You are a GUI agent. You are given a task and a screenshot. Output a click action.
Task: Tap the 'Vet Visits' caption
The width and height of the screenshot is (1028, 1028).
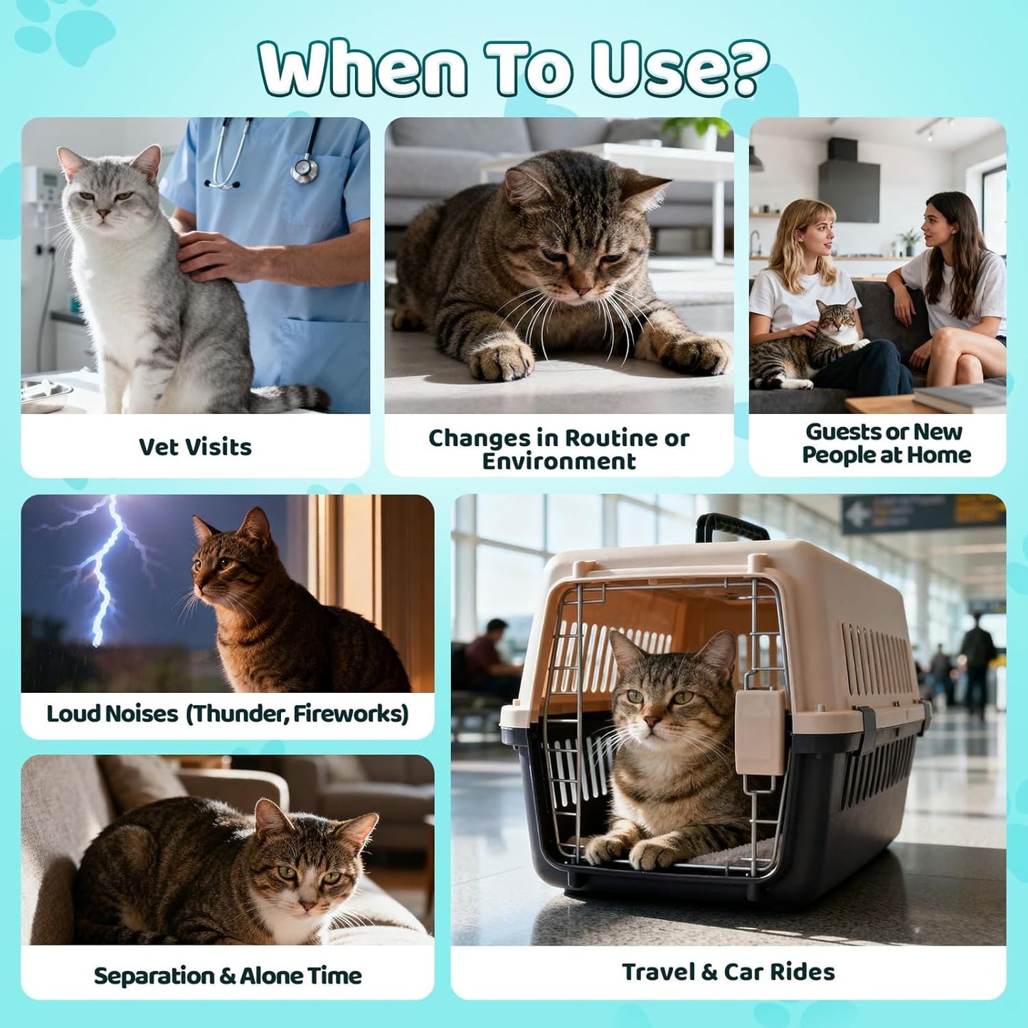click(x=195, y=447)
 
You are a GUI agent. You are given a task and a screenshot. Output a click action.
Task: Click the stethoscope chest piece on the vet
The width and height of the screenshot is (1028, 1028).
click(x=305, y=169)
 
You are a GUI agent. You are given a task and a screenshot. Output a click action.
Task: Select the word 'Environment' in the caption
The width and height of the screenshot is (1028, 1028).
click(x=558, y=462)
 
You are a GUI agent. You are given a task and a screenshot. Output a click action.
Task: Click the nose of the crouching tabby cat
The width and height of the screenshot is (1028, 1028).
click(x=583, y=290)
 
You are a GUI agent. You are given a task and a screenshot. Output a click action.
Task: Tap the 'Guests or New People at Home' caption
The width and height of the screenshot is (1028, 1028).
click(x=885, y=443)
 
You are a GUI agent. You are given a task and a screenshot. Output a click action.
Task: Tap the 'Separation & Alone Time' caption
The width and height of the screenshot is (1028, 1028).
click(x=228, y=975)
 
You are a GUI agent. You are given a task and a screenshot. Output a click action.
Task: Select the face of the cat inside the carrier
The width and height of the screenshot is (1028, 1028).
click(x=658, y=704)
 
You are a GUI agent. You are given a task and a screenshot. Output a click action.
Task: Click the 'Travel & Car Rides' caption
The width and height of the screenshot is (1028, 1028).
click(x=728, y=972)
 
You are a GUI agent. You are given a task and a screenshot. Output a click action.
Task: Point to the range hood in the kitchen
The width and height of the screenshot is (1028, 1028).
click(x=848, y=181)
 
